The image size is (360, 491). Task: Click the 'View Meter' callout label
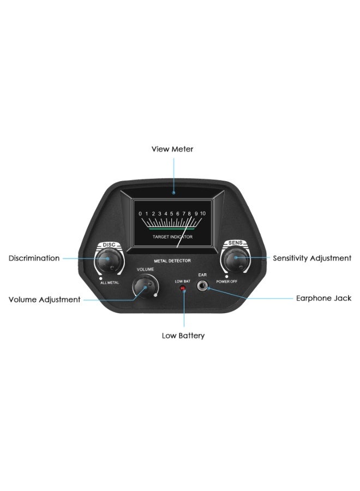[x=172, y=149]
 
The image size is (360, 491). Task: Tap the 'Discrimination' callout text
[x=34, y=259]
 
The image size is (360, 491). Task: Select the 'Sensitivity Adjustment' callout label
[x=312, y=259]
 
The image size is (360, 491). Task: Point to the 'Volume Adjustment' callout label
[x=44, y=300]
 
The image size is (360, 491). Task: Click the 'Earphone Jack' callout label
[x=323, y=298]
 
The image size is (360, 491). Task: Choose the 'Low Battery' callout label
[x=183, y=336]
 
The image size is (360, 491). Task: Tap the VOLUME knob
[x=145, y=286]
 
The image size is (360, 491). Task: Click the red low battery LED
[x=182, y=288]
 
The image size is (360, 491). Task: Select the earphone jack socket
[x=202, y=285]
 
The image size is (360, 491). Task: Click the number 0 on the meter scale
[x=140, y=214]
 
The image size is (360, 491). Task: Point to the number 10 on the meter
[x=203, y=213]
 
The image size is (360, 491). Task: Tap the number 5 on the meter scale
[x=171, y=214]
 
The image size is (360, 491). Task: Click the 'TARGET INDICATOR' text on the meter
[x=172, y=237]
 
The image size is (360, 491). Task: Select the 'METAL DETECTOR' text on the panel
[x=172, y=261]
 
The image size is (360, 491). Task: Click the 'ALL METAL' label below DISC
[x=110, y=283]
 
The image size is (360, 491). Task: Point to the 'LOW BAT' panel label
[x=183, y=282]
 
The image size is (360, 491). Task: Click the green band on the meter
[x=172, y=229]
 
